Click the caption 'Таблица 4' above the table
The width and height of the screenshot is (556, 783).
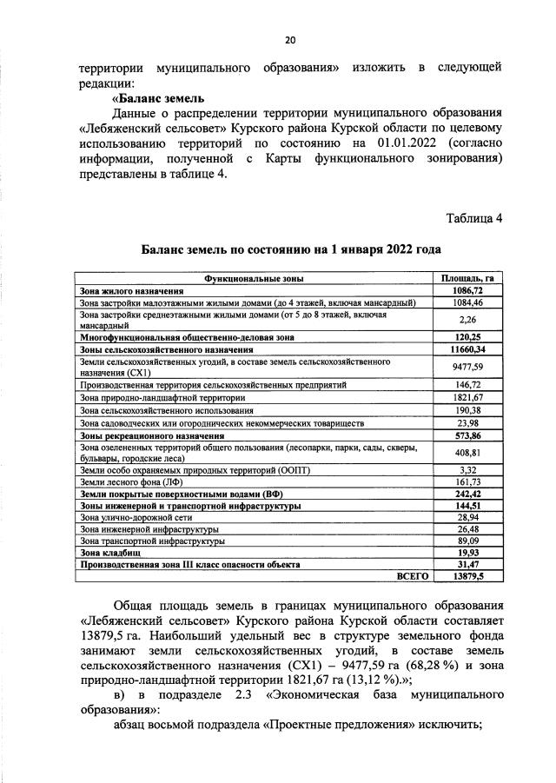point(474,217)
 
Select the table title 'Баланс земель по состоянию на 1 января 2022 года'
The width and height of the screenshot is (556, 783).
point(291,249)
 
